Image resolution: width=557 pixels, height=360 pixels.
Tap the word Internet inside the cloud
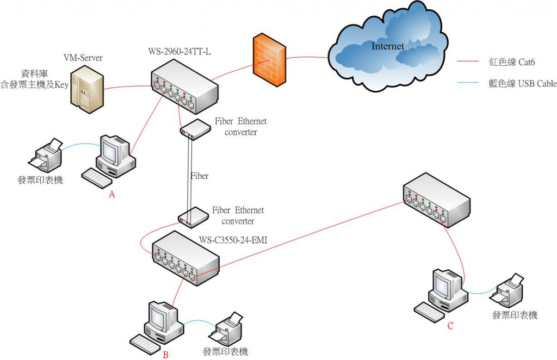(387, 46)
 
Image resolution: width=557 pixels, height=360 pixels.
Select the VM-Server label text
(83, 58)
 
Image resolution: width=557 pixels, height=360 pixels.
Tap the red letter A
(112, 195)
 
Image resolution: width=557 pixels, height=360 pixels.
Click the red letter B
(165, 355)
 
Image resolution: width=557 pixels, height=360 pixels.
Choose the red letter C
(450, 326)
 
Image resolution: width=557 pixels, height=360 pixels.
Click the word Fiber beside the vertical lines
(200, 176)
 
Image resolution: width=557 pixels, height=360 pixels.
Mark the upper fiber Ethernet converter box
(195, 129)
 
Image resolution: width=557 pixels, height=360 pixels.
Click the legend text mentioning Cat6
(512, 63)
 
